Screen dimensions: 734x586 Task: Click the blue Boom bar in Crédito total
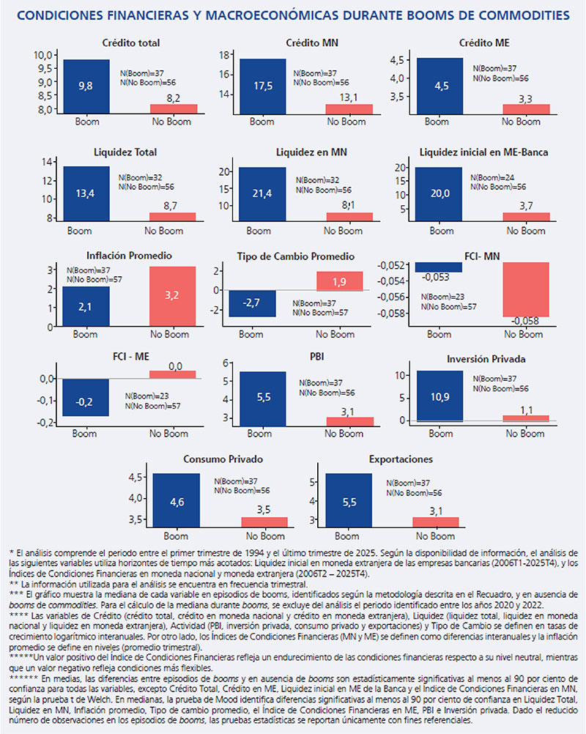(x=86, y=86)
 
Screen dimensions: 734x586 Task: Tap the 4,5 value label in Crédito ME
(x=441, y=86)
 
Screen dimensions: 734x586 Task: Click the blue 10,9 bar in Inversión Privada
(x=440, y=396)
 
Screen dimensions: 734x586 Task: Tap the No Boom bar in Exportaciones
(x=436, y=522)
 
